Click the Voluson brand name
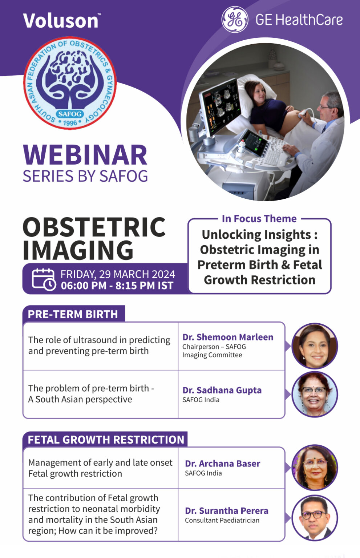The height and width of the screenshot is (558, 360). tap(61, 21)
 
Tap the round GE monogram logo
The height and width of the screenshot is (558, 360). tap(235, 20)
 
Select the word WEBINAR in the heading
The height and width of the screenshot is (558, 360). tap(85, 155)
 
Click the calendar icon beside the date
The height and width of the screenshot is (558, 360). tap(44, 279)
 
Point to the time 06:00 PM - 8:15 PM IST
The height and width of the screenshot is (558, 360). tap(117, 286)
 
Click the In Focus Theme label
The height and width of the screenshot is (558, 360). tap(259, 219)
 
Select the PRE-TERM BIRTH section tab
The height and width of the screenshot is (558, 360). tap(73, 314)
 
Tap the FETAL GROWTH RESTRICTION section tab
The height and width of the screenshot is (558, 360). tap(106, 440)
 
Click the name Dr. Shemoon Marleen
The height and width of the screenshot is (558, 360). tap(228, 337)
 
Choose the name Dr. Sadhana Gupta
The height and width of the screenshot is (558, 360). tap(222, 390)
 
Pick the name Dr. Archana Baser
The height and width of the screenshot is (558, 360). tap(222, 464)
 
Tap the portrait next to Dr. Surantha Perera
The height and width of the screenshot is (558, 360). tap(315, 518)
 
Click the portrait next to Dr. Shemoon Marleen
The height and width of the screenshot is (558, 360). tap(315, 346)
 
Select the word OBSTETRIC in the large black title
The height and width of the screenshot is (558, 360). tap(94, 227)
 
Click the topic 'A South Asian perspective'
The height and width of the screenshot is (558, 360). tap(80, 399)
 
